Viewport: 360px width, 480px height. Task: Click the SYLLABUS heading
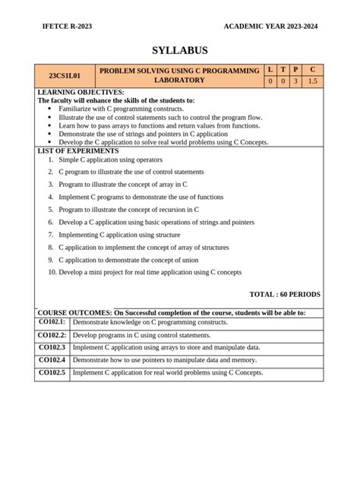(179, 51)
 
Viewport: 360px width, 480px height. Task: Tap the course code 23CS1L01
(65, 76)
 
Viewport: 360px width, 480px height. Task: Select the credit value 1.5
(312, 81)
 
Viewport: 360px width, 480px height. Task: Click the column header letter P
(295, 70)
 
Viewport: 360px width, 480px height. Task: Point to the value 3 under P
(295, 81)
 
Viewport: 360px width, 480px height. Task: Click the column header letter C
(312, 70)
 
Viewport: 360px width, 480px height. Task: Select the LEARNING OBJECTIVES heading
(81, 93)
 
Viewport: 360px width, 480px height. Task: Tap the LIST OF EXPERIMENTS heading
(78, 150)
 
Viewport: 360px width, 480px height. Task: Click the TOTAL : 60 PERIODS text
(285, 294)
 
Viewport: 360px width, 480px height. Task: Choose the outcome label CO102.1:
(52, 322)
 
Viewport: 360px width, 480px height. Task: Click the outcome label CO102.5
(52, 372)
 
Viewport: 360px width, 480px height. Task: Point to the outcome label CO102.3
(52, 347)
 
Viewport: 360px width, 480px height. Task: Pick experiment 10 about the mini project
(150, 271)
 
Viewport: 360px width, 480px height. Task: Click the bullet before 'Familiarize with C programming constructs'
(49, 109)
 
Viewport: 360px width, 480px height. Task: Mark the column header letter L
(269, 70)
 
